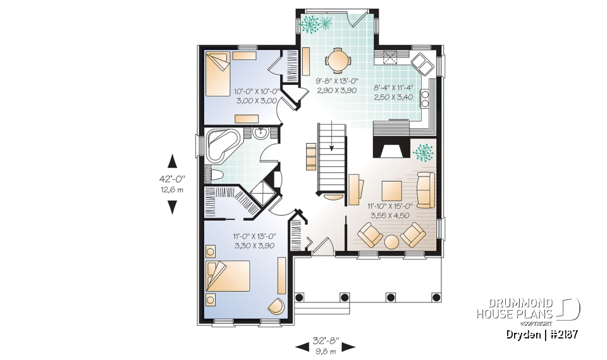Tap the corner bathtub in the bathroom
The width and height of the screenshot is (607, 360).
click(221, 144)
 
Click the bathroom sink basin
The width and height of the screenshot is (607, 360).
click(260, 132)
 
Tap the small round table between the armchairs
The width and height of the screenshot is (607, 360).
click(392, 242)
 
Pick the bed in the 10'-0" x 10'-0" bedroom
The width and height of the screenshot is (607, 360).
click(218, 74)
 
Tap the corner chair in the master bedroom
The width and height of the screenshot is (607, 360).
click(276, 306)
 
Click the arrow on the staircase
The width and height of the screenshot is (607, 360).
click(331, 147)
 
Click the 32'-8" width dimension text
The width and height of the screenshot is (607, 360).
click(325, 340)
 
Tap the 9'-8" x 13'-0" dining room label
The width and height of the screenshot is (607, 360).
click(337, 85)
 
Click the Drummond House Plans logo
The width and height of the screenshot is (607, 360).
click(528, 309)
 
